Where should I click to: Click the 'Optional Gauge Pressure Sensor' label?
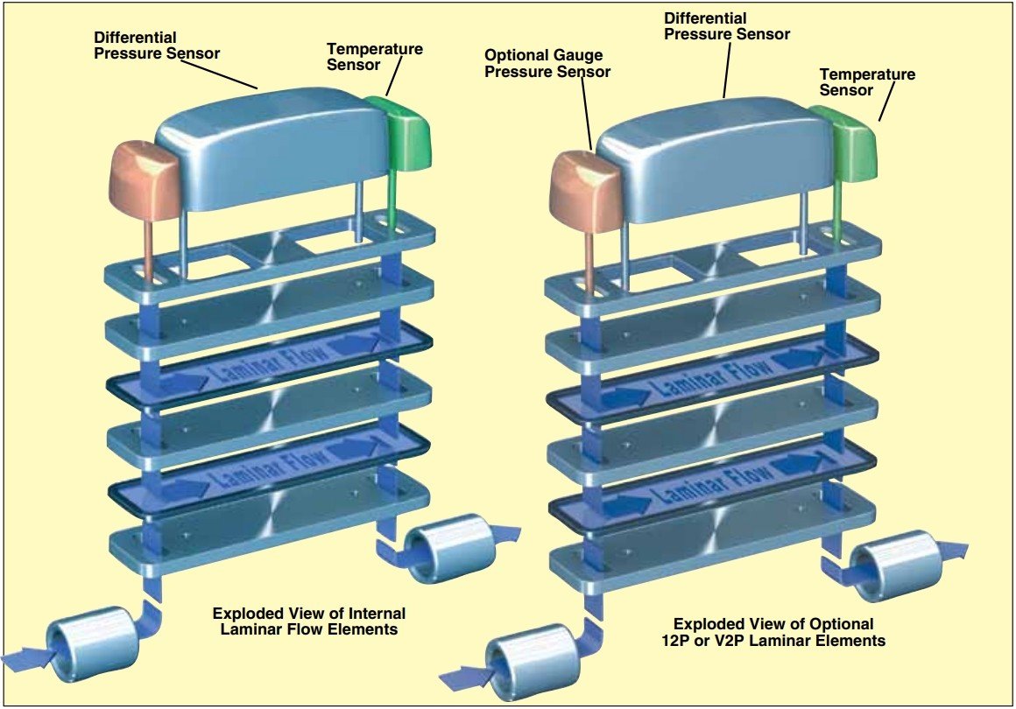pos(547,64)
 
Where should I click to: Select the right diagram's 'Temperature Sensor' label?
pos(867,82)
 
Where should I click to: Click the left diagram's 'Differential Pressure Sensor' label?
pos(157,46)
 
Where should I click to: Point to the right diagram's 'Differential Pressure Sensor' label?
pos(727,26)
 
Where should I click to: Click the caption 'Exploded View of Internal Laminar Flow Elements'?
pos(310,621)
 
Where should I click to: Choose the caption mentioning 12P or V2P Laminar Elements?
pos(773,632)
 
